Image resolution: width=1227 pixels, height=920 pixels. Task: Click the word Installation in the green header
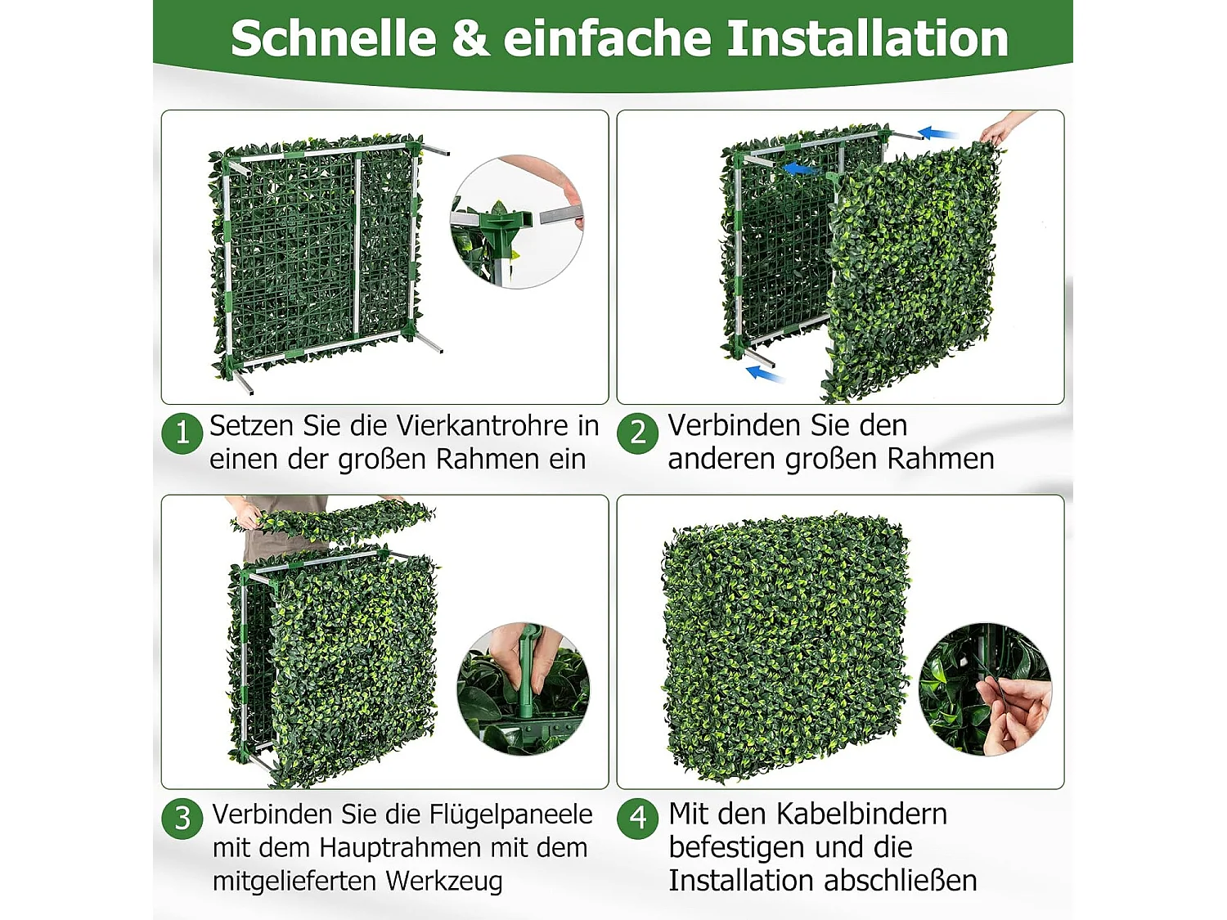tap(867, 38)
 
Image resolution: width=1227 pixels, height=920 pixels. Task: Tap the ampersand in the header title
tap(470, 38)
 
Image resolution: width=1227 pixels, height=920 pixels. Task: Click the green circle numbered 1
tap(182, 433)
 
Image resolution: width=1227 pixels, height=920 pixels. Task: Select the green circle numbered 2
tap(638, 433)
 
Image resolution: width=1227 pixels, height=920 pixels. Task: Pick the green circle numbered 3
tap(182, 818)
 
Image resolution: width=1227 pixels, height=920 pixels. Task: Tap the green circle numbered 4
tap(638, 818)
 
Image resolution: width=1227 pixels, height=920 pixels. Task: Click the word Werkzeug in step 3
tap(443, 882)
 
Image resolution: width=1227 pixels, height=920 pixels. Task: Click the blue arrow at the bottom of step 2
tap(766, 375)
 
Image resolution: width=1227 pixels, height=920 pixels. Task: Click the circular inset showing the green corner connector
tap(517, 222)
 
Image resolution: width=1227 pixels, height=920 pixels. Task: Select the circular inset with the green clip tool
tap(524, 689)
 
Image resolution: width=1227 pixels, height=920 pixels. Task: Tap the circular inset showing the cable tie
tap(985, 689)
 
